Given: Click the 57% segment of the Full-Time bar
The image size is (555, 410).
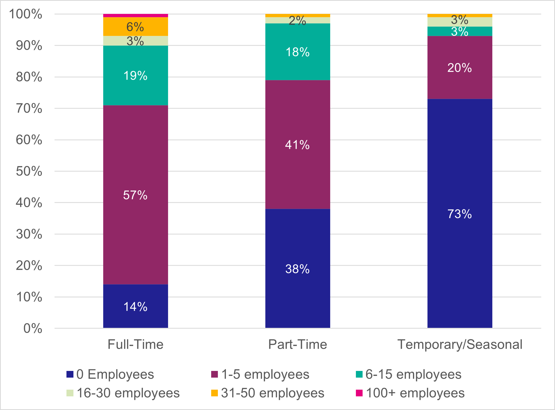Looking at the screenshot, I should tap(135, 195).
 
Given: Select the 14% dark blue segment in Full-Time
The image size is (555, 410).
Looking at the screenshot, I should tap(135, 306).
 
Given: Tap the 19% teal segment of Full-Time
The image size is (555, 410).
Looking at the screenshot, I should tap(135, 75).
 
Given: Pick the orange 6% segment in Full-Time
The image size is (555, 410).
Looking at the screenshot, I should tap(135, 26).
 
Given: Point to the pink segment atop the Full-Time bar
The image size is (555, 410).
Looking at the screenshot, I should tap(135, 16).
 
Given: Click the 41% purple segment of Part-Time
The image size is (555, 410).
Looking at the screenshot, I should tap(297, 145).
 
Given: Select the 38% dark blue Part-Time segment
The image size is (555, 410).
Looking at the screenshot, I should tap(297, 268).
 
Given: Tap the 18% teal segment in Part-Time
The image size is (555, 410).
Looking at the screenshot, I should tap(297, 52).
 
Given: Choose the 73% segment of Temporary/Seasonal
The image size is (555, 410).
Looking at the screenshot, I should tap(460, 214).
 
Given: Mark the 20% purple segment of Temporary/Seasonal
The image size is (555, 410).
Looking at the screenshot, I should tap(460, 67).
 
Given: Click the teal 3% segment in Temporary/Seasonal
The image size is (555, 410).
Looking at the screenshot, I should tap(460, 32).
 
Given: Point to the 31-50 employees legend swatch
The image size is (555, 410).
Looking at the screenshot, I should tap(214, 393).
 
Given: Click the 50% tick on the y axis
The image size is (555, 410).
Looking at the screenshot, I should tap(29, 171).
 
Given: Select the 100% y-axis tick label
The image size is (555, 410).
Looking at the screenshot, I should tap(26, 14).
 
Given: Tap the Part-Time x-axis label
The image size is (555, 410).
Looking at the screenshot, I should tap(297, 344).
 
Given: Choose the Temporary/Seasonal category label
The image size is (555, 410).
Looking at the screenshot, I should tap(460, 344).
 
